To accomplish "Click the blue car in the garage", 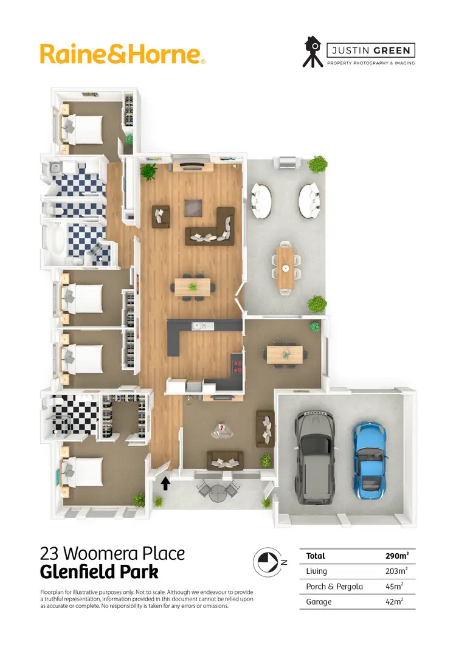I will coord(369,457).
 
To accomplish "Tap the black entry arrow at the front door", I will coord(165,483).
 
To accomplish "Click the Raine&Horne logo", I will coord(122,53).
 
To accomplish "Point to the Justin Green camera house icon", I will coord(313,52).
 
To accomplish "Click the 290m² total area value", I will coord(396,556).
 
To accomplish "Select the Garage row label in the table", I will coord(319,601).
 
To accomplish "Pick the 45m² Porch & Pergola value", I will coord(396,586).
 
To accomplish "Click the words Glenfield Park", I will coord(99,573).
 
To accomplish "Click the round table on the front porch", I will coord(218,494).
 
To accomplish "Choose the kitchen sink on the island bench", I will coord(198,326).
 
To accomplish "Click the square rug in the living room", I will coord(194,209).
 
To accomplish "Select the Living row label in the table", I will coord(317,571).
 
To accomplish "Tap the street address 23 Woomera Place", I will coord(112,554).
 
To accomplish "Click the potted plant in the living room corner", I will coord(148,172).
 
